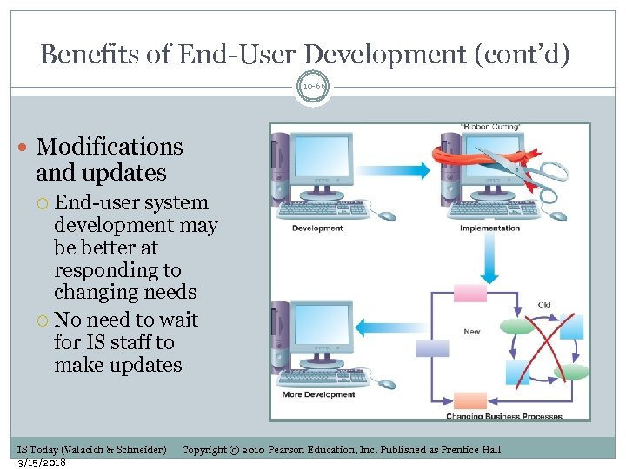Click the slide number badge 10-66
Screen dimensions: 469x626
pos(313,88)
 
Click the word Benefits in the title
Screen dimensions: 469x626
pos(90,55)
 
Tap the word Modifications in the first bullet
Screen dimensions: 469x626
pos(110,147)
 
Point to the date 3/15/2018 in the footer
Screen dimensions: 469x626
pos(42,461)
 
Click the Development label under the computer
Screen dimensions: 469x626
pos(317,228)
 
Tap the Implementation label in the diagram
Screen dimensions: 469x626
pos(489,228)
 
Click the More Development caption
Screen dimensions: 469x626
pos(319,395)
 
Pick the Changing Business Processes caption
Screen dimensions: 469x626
pos(504,416)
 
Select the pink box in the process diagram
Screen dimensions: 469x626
pos(469,293)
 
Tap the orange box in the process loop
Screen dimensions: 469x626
pos(470,400)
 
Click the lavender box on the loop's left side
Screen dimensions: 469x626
pos(432,347)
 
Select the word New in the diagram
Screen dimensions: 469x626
pos(472,332)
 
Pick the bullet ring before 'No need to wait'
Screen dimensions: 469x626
pos(43,320)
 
